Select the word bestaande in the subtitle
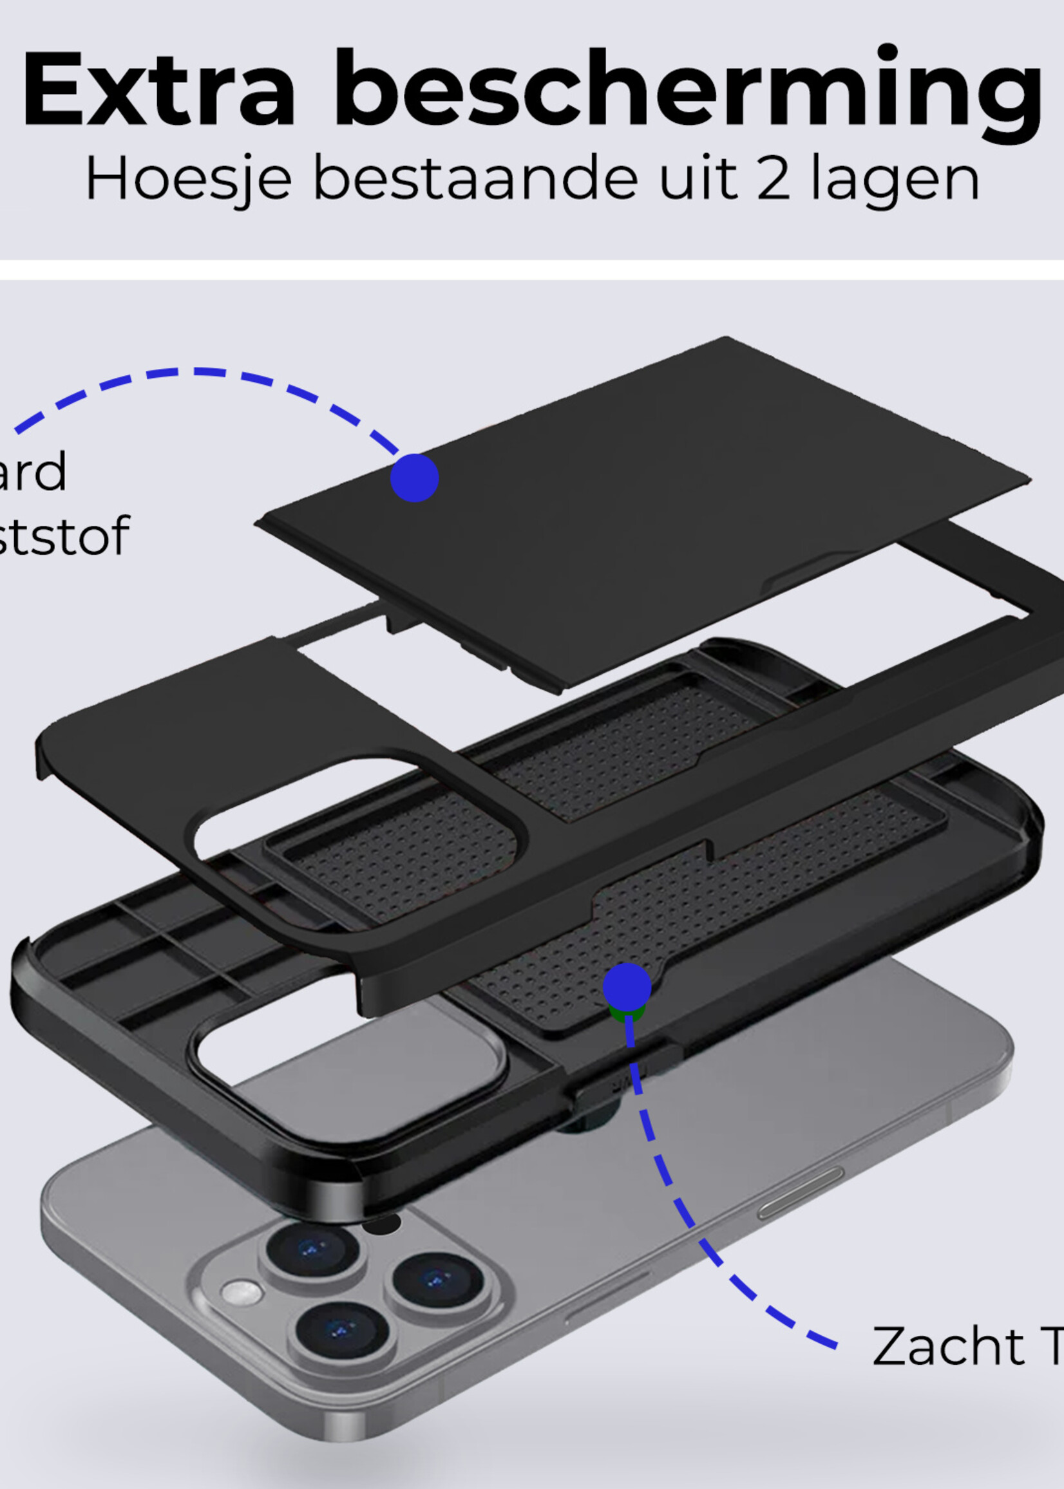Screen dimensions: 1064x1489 point(475,178)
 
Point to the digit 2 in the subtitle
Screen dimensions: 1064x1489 point(774,178)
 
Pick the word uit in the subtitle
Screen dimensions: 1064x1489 point(698,178)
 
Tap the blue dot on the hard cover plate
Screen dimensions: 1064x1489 point(414,478)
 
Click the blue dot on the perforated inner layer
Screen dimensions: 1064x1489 point(626,987)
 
